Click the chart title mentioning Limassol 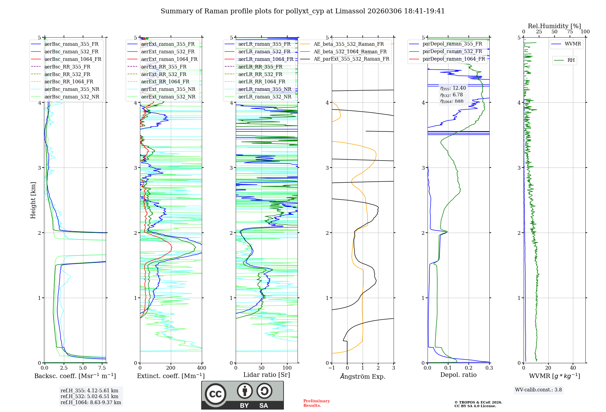[302, 11]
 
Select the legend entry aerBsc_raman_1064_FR [73, 59]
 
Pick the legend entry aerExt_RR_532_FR [164, 74]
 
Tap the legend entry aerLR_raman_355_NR [265, 89]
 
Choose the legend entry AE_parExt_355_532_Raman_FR [351, 59]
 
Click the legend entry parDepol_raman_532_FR [452, 51]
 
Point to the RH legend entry [571, 60]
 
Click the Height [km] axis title [33, 200]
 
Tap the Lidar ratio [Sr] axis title [267, 375]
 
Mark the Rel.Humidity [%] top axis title [554, 26]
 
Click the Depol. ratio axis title [458, 375]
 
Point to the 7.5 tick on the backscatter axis [102, 368]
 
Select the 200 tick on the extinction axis [171, 368]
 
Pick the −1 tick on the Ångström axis [331, 368]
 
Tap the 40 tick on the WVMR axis [573, 368]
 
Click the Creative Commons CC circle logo [215, 394]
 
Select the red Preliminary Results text [316, 403]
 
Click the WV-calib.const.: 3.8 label [538, 390]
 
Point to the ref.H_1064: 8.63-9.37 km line [91, 403]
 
